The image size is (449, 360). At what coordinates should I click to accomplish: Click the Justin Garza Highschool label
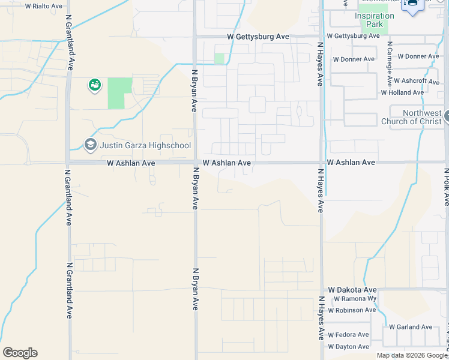145,145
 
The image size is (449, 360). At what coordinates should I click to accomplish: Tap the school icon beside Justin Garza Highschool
91,145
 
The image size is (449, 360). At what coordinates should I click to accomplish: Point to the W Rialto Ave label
43,7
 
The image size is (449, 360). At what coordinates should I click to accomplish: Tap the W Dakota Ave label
352,290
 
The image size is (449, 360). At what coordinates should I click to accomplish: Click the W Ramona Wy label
355,299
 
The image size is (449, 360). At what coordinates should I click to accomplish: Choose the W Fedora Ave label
349,335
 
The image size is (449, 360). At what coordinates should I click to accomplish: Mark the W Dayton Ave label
349,347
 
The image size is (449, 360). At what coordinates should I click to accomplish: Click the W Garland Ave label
411,327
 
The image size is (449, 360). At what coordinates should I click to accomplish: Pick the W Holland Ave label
402,92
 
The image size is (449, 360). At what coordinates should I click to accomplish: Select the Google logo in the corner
20,353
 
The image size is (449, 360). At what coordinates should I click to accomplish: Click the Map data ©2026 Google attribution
412,355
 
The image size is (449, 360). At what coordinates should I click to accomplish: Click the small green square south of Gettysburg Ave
219,59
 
